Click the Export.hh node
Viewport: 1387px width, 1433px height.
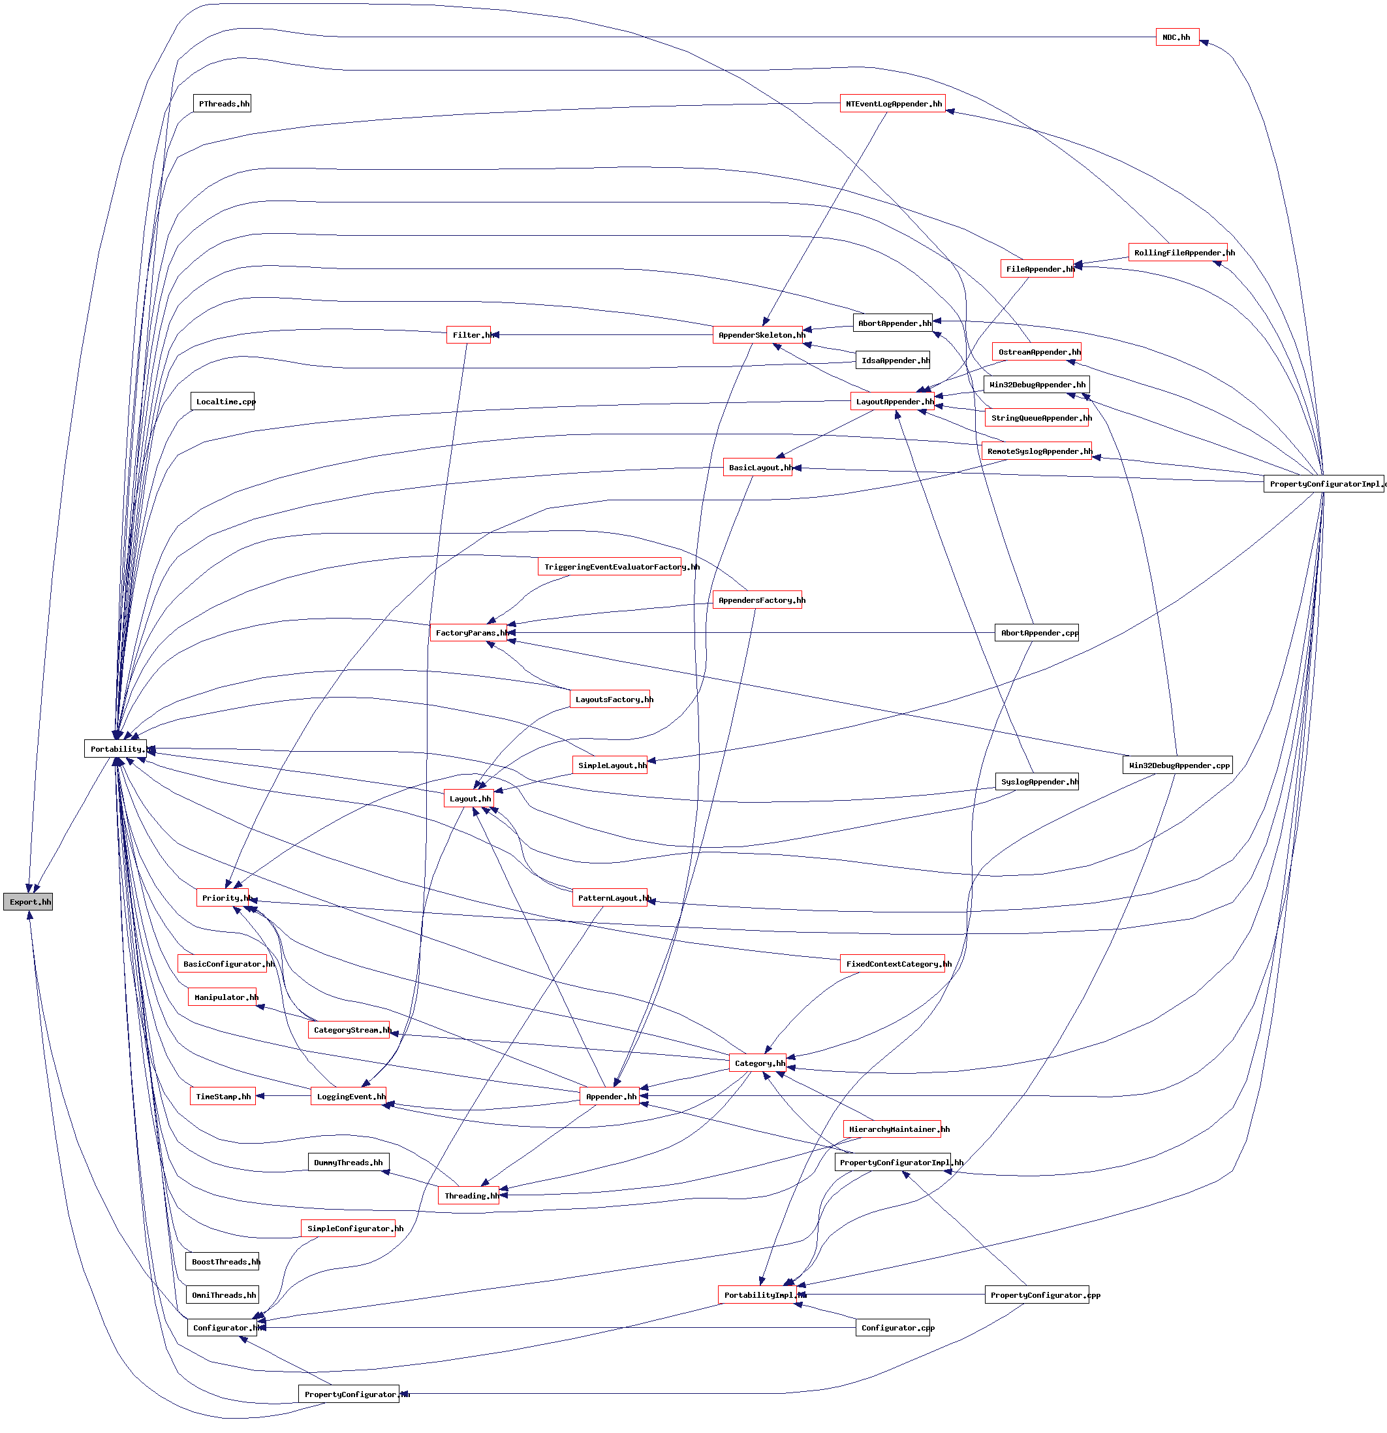(x=28, y=901)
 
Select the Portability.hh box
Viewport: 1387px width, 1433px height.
(x=116, y=749)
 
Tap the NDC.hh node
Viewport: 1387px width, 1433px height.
(x=1177, y=37)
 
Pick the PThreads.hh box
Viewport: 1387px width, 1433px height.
(x=222, y=103)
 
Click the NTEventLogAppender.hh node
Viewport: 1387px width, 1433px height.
(x=892, y=103)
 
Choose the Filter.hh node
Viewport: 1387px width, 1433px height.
(x=469, y=335)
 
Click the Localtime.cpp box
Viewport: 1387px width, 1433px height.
(x=222, y=402)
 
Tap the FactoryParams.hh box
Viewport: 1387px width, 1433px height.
(x=469, y=632)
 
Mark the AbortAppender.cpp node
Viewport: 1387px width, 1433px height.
(x=1036, y=632)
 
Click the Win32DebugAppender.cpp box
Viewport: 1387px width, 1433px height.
(x=1177, y=765)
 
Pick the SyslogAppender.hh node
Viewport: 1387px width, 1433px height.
(x=1036, y=782)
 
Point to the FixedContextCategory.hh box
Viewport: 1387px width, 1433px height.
(x=892, y=963)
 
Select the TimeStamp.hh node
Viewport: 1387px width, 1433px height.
(x=222, y=1096)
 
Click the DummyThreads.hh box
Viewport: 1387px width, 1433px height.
(x=348, y=1163)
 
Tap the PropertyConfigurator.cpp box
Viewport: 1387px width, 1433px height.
(x=1036, y=1295)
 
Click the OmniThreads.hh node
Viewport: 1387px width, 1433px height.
(x=222, y=1295)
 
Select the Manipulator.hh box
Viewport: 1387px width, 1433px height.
(x=222, y=997)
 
